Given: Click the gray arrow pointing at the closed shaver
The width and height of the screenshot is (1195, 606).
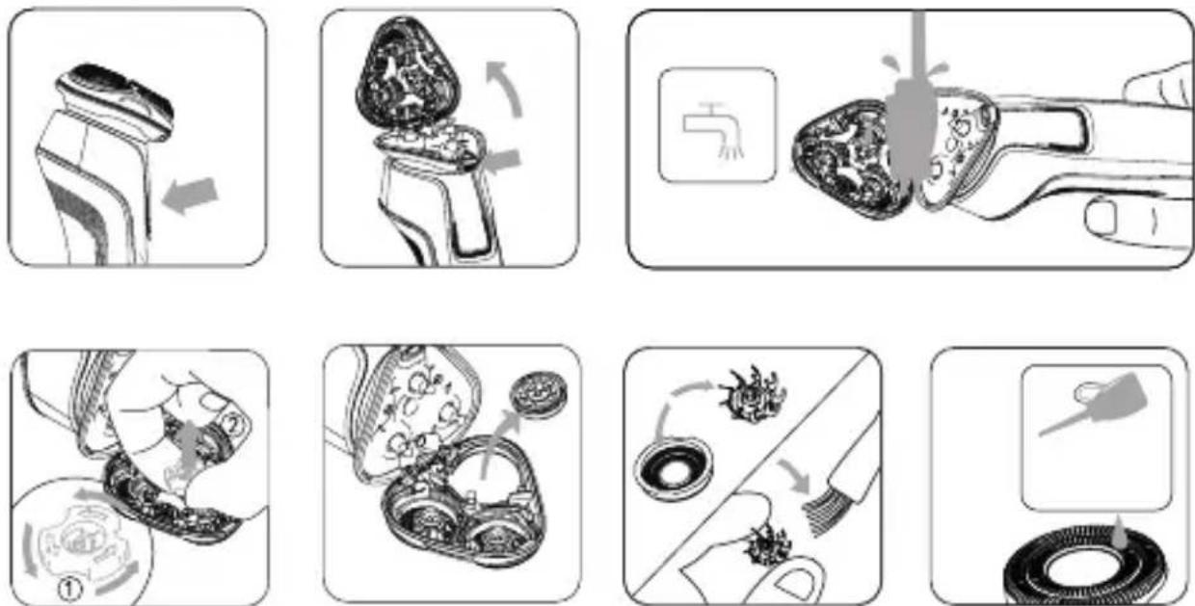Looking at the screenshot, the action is pos(190,196).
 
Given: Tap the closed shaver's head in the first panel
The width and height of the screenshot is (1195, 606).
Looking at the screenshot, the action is pos(116,101).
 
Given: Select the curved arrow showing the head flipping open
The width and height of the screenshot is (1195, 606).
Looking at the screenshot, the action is pos(504,88).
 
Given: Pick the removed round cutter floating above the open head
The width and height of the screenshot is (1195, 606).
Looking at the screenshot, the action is pos(539,394).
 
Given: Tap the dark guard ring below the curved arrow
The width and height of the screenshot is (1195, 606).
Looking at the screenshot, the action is pos(674,469).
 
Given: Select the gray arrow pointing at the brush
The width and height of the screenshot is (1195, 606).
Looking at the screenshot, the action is pos(794,476).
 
